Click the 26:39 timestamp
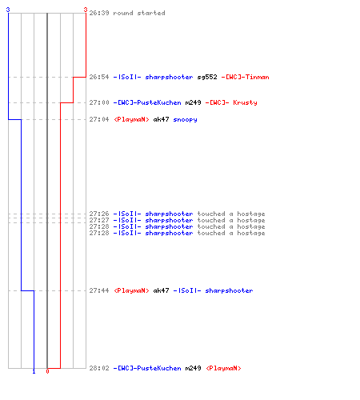(99, 13)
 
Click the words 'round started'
(139, 13)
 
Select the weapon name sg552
(207, 78)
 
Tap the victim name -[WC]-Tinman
(245, 77)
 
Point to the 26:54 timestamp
(99, 77)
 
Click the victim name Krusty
(245, 103)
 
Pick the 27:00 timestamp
(99, 102)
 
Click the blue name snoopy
(185, 120)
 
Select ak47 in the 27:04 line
(161, 119)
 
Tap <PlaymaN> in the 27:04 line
(131, 119)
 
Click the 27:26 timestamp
(99, 214)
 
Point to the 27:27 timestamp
(99, 220)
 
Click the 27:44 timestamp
(99, 290)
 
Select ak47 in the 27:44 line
(161, 290)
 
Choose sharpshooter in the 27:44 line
(229, 291)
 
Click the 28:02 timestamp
(99, 368)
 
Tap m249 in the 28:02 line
(193, 368)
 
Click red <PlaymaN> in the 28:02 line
(223, 368)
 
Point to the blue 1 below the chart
(34, 372)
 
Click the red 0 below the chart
(47, 371)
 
